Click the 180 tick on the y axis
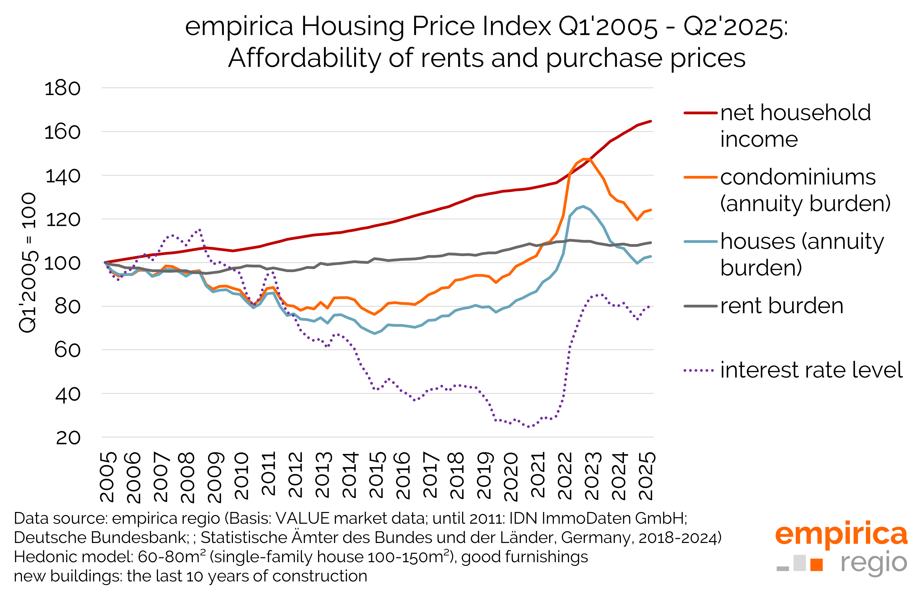point(62,88)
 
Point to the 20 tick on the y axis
point(68,438)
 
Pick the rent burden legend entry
point(782,306)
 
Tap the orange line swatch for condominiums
point(700,177)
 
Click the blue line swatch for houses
point(700,242)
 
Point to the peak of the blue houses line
point(583,206)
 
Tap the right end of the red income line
point(651,121)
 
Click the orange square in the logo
point(817,565)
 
